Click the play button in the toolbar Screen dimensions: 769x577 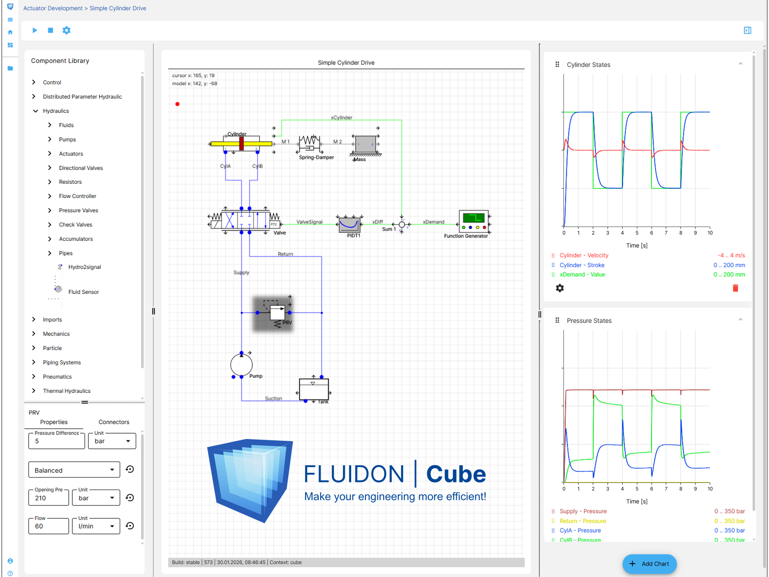click(35, 30)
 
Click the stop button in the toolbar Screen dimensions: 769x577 click(51, 30)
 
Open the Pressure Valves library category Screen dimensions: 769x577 click(78, 210)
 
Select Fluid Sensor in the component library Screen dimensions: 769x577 click(83, 292)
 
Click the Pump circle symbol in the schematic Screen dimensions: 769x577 click(241, 365)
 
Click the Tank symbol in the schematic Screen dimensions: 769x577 click(314, 390)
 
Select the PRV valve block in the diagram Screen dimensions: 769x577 click(277, 312)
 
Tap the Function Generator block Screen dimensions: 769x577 click(474, 221)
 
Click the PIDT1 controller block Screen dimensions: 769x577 click(349, 225)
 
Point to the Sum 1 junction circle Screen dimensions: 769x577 click(402, 225)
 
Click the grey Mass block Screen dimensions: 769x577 click(365, 144)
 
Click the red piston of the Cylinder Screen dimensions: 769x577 click(242, 143)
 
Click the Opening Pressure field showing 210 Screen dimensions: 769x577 click(49, 498)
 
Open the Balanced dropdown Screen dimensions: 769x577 click(74, 470)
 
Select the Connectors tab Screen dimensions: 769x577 click(114, 422)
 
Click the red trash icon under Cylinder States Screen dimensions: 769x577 click(735, 288)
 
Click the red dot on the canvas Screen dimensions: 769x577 click(177, 104)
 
